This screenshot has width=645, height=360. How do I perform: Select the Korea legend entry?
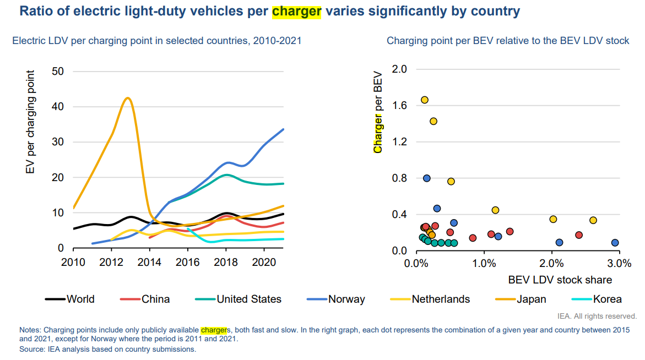(607, 299)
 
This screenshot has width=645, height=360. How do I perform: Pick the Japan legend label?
(531, 299)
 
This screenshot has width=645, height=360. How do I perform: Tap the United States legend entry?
(248, 299)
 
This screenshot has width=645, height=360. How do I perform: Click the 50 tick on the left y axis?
(58, 71)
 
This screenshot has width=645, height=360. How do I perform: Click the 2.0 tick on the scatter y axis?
(400, 69)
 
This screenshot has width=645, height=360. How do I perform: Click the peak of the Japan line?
(128, 98)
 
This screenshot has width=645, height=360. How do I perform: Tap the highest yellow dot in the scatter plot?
(425, 100)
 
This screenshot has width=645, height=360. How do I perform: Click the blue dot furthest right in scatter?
(615, 243)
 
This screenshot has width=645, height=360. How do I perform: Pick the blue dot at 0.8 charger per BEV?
(427, 178)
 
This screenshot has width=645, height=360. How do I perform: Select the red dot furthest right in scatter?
(579, 235)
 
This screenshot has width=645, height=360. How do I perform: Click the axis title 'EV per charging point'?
(31, 122)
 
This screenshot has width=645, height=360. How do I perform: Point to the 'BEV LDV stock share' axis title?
(560, 280)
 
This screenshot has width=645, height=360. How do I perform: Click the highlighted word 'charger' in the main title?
(296, 11)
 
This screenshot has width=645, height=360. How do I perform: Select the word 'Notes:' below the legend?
(31, 330)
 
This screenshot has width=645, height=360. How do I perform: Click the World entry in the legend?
(80, 299)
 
